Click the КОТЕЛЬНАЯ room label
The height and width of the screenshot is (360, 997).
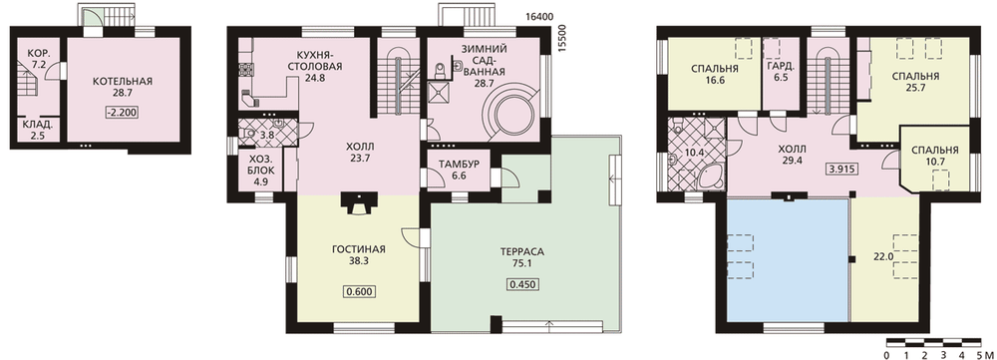coord(122,82)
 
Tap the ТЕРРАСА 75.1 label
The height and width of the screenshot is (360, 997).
coord(522,255)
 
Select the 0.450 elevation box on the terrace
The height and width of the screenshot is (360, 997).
coord(522,283)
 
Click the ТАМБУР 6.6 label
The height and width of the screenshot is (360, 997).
coord(455,170)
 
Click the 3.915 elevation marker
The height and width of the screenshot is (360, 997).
coord(840,170)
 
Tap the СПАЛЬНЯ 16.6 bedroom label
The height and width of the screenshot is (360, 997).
coord(712,75)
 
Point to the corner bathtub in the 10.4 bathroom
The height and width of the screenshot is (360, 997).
coord(710,173)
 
